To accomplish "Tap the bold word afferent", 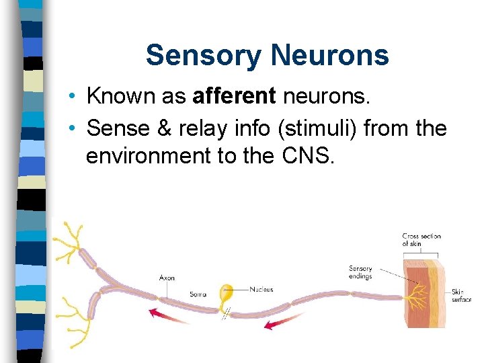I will [x=234, y=95].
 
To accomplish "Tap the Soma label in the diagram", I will [x=198, y=294].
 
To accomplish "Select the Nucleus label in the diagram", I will [x=261, y=290].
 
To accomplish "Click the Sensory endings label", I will [x=360, y=272].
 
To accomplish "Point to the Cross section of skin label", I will [x=421, y=240].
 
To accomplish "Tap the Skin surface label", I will [x=461, y=296].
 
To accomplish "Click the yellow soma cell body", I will [x=227, y=294].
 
